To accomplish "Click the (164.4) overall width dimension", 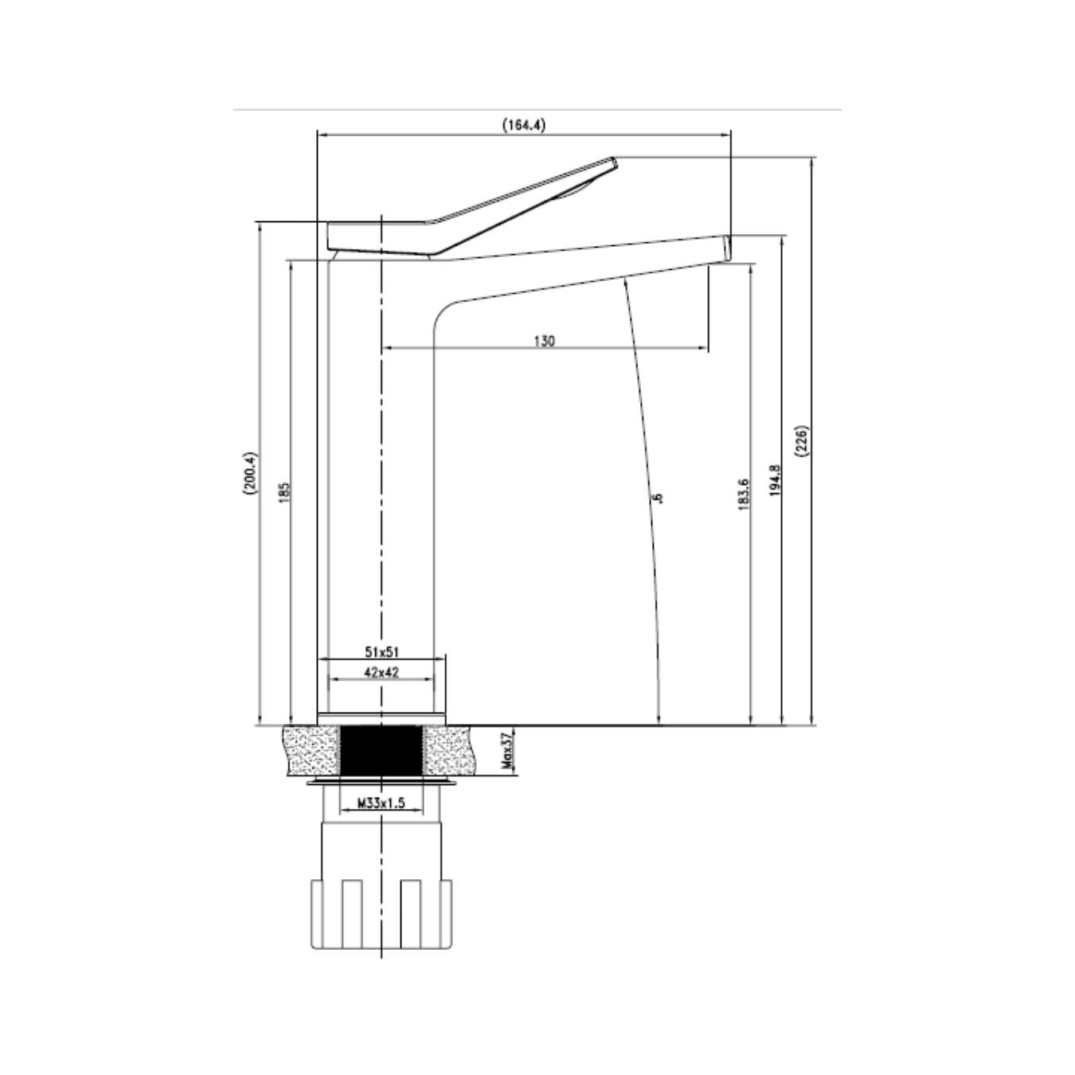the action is [524, 125].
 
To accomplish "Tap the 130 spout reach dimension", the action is [545, 341].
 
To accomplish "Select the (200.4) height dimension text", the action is [251, 474].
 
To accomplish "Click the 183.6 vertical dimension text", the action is [743, 496].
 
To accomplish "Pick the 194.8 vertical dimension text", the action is [775, 481].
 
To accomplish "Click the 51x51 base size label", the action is [382, 651].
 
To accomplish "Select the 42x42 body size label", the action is [381, 672].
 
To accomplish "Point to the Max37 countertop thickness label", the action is [507, 752].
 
